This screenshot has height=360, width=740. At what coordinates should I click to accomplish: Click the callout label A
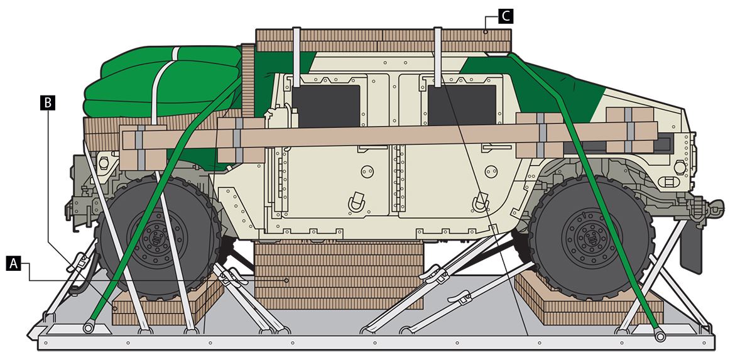pos(14,264)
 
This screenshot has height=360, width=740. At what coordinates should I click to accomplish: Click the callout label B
pos(48,103)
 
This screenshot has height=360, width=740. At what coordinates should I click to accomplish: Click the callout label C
pos(506,16)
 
